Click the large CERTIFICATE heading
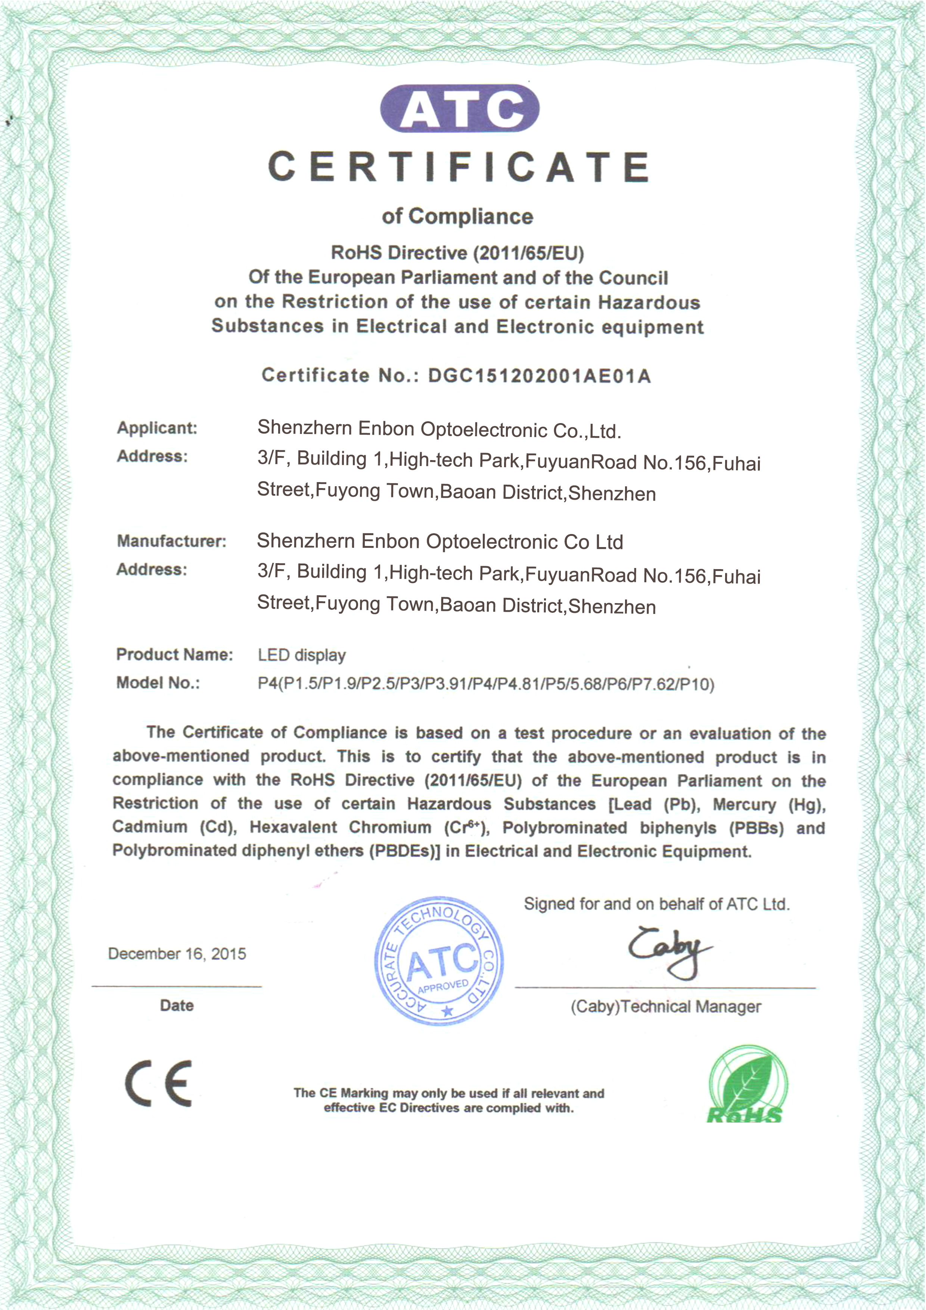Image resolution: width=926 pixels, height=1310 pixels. click(x=459, y=167)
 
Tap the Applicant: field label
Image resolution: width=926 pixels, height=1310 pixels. click(x=157, y=428)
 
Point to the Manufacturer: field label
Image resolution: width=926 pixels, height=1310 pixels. click(x=171, y=541)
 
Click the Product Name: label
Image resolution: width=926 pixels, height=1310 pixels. click(x=175, y=654)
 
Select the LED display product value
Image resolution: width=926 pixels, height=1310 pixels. click(x=301, y=655)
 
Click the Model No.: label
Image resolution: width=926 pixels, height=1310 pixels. click(x=158, y=683)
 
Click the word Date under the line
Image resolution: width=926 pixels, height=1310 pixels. click(x=177, y=1005)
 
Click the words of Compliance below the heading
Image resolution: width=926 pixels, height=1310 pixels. click(x=457, y=217)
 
